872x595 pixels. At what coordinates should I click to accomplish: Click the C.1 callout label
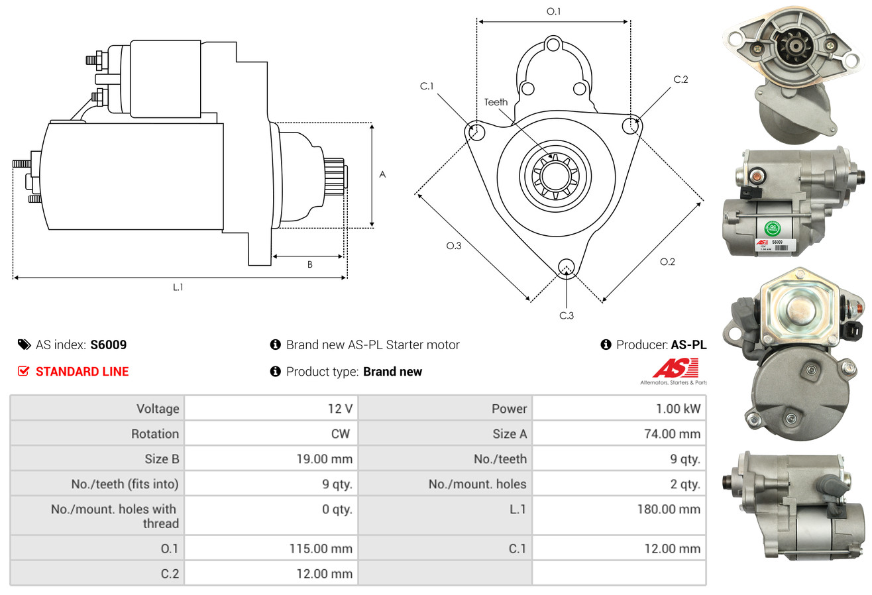426,86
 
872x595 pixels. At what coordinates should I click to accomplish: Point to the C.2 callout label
681,80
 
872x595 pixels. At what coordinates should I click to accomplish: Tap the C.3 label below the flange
567,315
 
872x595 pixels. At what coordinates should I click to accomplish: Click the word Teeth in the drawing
496,102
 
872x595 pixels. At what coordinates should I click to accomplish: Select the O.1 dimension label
553,11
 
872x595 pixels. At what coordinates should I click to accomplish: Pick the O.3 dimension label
453,246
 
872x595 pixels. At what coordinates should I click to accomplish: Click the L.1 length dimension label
178,287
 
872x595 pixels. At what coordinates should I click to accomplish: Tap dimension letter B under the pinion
309,265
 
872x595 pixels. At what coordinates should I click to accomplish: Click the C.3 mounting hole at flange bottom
566,267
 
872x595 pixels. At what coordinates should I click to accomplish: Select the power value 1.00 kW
678,409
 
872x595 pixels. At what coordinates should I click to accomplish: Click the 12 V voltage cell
339,409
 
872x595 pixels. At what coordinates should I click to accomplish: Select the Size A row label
510,434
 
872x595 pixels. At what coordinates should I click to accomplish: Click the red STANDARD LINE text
82,372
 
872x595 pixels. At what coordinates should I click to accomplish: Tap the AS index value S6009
109,345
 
